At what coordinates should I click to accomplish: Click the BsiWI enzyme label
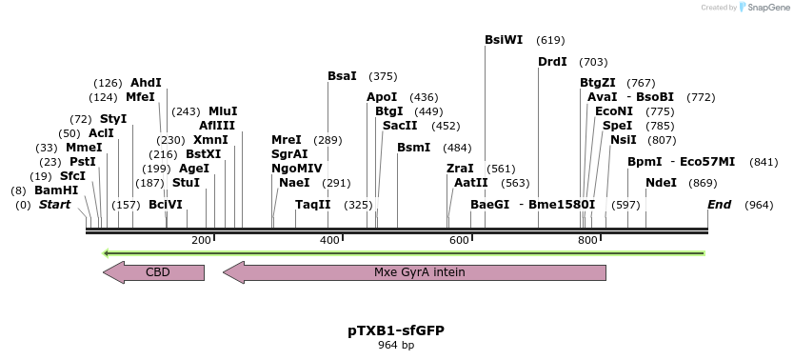[504, 40]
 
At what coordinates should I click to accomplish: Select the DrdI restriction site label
[552, 62]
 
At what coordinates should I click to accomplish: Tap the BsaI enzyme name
[342, 76]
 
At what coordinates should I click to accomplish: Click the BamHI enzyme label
[56, 190]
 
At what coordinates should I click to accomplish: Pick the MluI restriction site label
[223, 111]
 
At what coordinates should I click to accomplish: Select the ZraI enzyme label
[460, 169]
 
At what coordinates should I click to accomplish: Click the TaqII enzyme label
[312, 205]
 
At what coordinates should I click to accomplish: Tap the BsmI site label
[413, 148]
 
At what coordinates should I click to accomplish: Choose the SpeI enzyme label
[617, 126]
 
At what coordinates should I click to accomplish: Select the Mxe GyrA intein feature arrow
[414, 272]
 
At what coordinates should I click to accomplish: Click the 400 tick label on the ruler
[329, 240]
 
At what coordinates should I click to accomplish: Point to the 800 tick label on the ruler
[587, 240]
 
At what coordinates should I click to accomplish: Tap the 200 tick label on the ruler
[201, 240]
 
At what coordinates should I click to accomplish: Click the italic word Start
[54, 205]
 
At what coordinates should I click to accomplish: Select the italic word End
[719, 205]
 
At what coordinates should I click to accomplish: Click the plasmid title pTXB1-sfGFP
[396, 330]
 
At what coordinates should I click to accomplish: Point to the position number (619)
[550, 40]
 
